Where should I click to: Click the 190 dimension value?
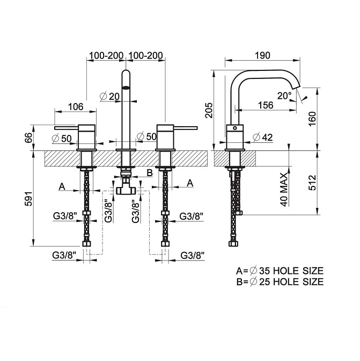click(x=262, y=55)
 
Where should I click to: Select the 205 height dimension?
click(x=209, y=111)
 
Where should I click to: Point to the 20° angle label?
click(x=284, y=96)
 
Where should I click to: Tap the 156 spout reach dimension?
click(x=266, y=105)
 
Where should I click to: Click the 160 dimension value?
click(x=312, y=119)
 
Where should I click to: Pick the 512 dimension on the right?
click(x=312, y=183)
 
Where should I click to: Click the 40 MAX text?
click(x=284, y=190)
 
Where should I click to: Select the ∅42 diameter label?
click(x=263, y=138)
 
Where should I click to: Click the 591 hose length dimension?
click(x=28, y=198)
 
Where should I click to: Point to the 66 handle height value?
click(x=29, y=138)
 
